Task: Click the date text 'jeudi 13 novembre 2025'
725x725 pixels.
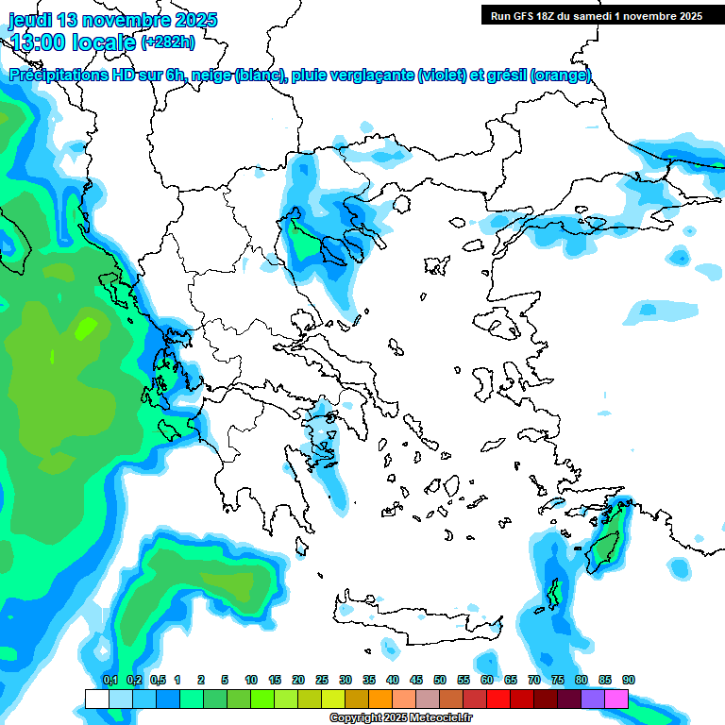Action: tap(112, 20)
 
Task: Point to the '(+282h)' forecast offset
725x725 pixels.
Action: tap(168, 42)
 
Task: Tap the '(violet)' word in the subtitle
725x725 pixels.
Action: tap(443, 76)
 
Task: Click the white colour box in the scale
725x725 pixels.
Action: tap(96, 699)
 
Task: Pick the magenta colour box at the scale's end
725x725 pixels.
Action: tap(616, 699)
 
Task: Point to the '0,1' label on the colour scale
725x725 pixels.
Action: tap(110, 680)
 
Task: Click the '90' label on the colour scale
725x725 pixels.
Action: tap(629, 680)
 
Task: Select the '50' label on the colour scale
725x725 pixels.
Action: tap(440, 680)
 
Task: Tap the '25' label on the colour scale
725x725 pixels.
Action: tap(322, 680)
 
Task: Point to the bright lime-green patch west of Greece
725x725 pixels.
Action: tap(86, 328)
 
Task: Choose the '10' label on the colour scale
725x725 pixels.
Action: tap(251, 680)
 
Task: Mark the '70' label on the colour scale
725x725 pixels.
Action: tap(534, 680)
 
